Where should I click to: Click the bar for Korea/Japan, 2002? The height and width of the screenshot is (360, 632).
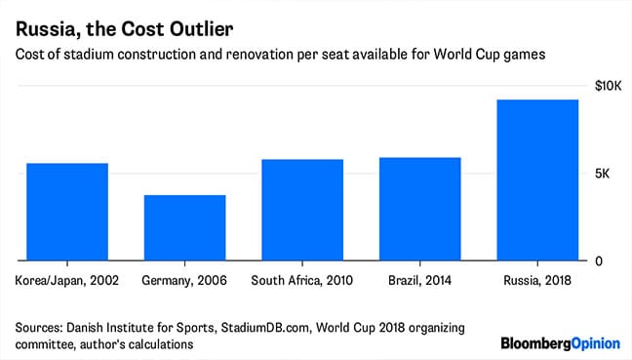(68, 213)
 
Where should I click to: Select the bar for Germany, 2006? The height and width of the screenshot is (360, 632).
(185, 228)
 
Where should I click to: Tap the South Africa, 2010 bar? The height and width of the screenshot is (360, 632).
(303, 211)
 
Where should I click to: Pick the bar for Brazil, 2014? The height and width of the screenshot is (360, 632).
(420, 210)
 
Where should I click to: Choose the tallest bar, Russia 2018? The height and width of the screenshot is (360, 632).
(537, 180)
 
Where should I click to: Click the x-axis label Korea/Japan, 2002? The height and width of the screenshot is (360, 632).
(68, 281)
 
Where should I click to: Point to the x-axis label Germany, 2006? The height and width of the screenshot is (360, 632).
(185, 281)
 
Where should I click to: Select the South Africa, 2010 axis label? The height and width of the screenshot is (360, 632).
(303, 281)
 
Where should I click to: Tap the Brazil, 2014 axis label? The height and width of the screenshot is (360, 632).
(420, 281)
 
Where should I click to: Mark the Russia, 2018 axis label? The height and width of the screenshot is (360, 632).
(537, 281)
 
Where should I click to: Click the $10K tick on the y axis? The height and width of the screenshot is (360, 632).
(608, 88)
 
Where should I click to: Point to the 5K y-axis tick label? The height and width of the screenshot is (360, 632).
(604, 175)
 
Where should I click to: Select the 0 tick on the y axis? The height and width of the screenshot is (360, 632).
(599, 261)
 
